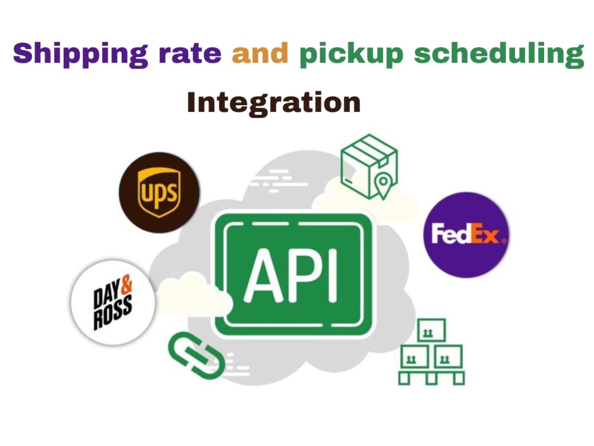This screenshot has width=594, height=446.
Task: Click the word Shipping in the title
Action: tap(80, 54)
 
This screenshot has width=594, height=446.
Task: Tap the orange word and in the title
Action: tap(260, 53)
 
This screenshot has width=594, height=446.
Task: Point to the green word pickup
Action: tap(351, 55)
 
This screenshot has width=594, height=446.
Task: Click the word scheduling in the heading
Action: tap(499, 55)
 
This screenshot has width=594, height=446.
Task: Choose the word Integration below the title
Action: tap(273, 102)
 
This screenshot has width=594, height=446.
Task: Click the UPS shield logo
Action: tap(159, 192)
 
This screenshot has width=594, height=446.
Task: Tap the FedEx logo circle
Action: tap(466, 235)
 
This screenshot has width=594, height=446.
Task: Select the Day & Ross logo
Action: tap(113, 302)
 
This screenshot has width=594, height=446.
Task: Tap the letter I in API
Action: tap(332, 275)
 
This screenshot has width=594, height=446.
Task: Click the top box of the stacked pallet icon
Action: tap(431, 330)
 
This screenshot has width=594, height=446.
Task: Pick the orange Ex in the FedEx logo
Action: tap(485, 234)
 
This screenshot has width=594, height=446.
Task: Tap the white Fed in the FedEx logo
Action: tap(451, 233)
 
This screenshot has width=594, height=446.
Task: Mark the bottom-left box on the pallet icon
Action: tap(415, 356)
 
